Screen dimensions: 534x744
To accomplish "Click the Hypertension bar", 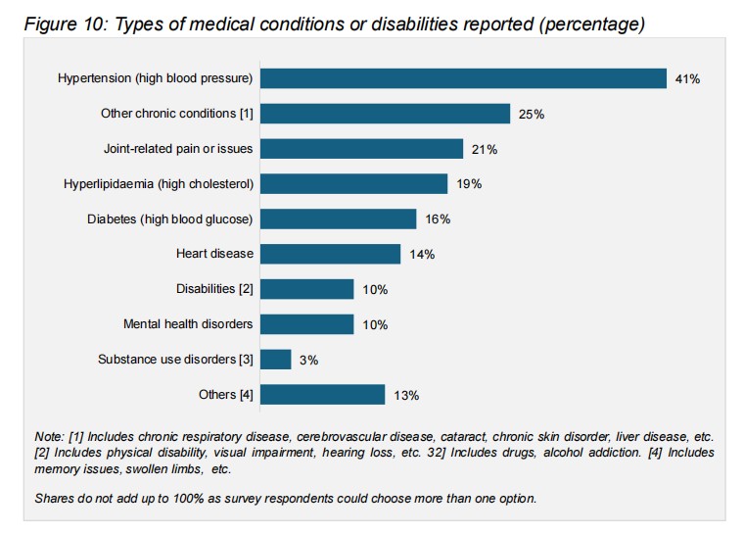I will click(x=463, y=78).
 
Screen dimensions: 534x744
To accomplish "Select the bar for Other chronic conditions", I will click(x=385, y=114).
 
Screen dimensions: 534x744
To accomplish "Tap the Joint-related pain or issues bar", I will click(x=361, y=149).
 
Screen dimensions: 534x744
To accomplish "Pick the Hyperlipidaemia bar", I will click(x=353, y=183).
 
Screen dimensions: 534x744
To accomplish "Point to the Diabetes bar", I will click(x=338, y=218).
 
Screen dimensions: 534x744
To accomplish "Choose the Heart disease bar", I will click(x=330, y=254).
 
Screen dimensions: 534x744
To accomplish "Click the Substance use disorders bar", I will click(x=275, y=360).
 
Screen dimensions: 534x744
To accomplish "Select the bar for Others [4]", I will click(x=322, y=395).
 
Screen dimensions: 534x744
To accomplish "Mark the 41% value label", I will click(x=687, y=79).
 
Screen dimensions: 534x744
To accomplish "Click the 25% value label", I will click(x=532, y=115).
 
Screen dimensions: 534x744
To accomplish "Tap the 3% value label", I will click(x=308, y=361).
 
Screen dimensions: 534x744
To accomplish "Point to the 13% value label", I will click(x=406, y=396).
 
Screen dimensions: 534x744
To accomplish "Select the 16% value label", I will click(x=438, y=219).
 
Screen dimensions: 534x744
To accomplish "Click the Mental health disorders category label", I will click(x=188, y=324).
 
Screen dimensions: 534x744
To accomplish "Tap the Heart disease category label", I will click(x=214, y=254).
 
